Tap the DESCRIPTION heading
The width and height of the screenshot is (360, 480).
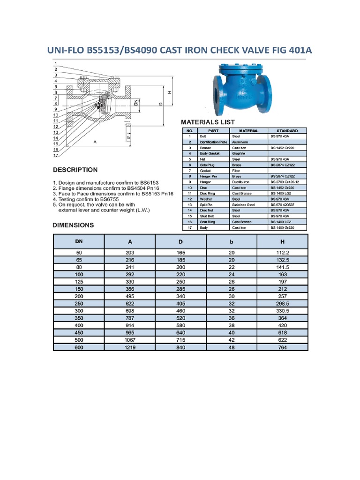coord(75,170)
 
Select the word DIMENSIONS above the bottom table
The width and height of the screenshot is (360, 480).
coord(73,225)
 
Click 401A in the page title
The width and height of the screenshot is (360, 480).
coord(297,50)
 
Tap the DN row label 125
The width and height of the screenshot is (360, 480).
coord(79,281)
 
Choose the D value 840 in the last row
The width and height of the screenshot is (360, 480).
coord(180,347)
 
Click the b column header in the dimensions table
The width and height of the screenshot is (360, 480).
coord(231,241)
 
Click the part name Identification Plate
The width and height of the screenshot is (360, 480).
coord(213,142)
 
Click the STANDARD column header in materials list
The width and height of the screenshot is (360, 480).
coord(287,131)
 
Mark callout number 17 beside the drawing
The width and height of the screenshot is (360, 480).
coord(55,155)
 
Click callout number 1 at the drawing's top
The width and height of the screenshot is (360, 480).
coord(55,64)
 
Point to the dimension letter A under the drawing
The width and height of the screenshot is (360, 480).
coord(95,142)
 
